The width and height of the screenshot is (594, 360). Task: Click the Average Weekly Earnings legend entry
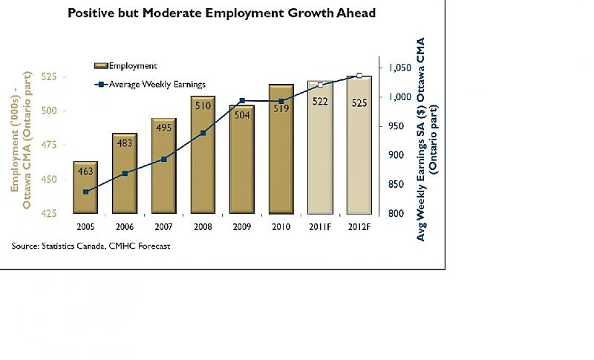click(149, 85)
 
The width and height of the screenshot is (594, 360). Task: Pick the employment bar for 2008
click(203, 156)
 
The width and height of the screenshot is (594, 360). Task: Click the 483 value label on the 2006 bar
click(124, 143)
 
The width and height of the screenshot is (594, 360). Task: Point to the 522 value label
click(320, 102)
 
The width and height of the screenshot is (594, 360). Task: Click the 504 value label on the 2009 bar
click(241, 114)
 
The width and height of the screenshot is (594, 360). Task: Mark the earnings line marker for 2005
click(86, 192)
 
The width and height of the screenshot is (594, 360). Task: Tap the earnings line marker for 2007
click(164, 159)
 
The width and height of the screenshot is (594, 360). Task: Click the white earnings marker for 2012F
click(359, 76)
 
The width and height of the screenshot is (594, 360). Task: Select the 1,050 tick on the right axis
click(400, 68)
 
